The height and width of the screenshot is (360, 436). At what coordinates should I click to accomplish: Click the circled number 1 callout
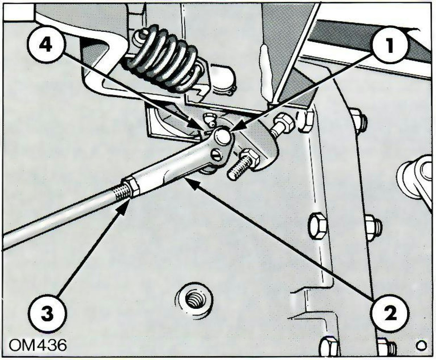coord(390,46)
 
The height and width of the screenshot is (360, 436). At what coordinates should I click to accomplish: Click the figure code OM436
coord(37,345)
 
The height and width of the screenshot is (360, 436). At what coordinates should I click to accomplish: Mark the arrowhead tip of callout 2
coord(185,179)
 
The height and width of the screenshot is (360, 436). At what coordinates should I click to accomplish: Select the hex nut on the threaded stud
coord(246,156)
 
